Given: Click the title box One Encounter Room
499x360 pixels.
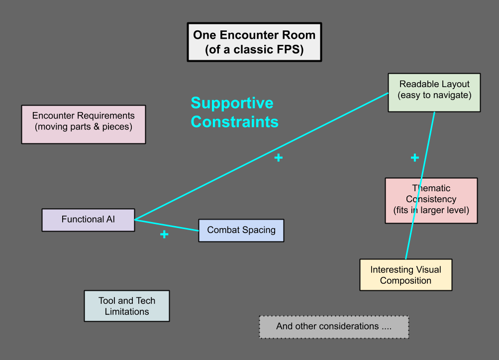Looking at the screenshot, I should coord(254,42).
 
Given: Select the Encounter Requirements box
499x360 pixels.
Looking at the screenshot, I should coord(84,124).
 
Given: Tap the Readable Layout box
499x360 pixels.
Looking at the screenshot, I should coord(434,93).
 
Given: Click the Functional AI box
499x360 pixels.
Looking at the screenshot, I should coord(88,220).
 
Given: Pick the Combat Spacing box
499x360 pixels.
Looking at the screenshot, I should coord(241,230).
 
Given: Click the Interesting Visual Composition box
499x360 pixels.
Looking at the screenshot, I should coord(405,275).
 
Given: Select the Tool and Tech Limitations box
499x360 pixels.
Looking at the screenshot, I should coord(127,306).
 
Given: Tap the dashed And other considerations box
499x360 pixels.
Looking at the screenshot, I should coord(334,327).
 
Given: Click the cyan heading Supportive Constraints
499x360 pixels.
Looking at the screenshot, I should coord(234,112).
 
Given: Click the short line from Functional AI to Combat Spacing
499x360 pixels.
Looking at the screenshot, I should coord(167,225).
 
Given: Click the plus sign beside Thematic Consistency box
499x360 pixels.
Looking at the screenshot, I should coord(414,158).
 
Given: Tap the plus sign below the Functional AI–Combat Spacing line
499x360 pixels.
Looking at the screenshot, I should coord(164,234).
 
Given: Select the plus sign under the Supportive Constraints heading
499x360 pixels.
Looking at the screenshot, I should coord(278,158).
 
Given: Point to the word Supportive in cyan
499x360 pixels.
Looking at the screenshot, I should coord(232,103).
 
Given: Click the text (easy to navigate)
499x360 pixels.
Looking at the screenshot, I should coord(434,95).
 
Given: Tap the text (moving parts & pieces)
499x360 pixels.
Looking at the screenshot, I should coord(84,127).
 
